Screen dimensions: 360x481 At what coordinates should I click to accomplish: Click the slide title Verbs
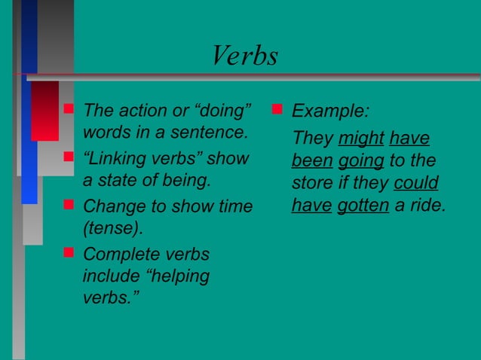[245, 56]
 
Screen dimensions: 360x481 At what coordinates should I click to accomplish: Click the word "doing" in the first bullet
[222, 111]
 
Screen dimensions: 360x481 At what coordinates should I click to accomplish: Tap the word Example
[329, 111]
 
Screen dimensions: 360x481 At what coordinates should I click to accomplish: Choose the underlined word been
[311, 161]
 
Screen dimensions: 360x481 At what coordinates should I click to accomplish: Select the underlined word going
[360, 161]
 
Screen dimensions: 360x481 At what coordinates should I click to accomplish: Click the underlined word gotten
[363, 206]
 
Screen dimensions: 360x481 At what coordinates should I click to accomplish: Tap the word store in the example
[311, 184]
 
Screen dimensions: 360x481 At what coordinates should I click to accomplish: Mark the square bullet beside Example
[277, 110]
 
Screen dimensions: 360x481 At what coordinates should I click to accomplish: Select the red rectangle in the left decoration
[44, 110]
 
